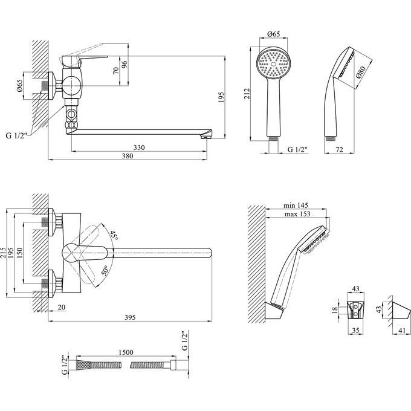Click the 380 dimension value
(127, 156)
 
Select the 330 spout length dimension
(139, 147)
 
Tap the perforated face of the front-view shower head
(276, 63)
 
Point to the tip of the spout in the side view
(209, 134)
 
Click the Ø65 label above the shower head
(273, 36)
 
